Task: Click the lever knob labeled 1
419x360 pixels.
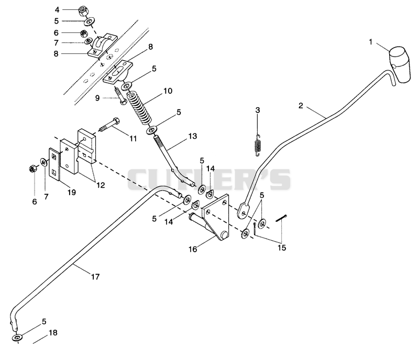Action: [x=399, y=64]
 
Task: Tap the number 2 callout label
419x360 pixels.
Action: [x=301, y=106]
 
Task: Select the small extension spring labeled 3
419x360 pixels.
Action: [x=257, y=145]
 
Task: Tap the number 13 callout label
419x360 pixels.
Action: [x=192, y=136]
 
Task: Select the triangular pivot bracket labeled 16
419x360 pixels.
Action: [x=216, y=216]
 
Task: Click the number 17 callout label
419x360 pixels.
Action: [x=95, y=277]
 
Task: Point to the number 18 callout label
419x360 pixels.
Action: [x=53, y=333]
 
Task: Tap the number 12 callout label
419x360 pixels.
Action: [x=101, y=185]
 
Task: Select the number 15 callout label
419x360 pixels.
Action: [x=282, y=248]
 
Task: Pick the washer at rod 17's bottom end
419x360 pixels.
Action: [x=17, y=337]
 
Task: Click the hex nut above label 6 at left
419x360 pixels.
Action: [x=32, y=169]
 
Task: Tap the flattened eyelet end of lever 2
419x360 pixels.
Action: [x=244, y=210]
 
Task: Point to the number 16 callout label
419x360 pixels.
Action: [x=193, y=249]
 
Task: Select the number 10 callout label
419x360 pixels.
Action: [x=168, y=91]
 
